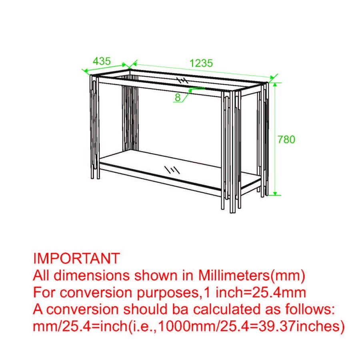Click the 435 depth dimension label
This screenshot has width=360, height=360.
pos(102,61)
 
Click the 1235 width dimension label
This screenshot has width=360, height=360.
pos(201,63)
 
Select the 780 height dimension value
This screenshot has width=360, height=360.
pos(286,140)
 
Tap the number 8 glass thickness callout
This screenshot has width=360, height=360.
pos(178,97)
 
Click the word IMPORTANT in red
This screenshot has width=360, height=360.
pos(76,258)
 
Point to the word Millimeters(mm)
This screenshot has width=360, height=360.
pos(251,275)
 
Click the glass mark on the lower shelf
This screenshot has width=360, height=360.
pos(172,170)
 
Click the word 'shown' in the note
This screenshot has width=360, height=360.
pos(156,275)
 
